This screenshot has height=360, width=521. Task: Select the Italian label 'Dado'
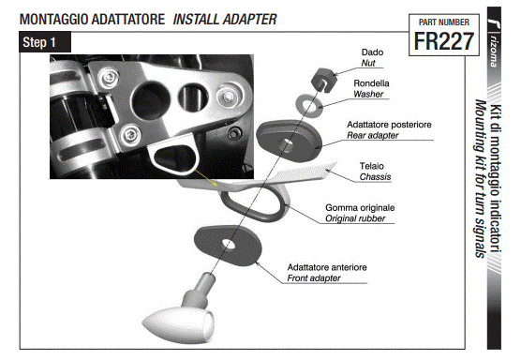pos(373,52)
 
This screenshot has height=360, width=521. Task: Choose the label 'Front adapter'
pos(327,278)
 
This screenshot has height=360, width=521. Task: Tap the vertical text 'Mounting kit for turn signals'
pos(481,178)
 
